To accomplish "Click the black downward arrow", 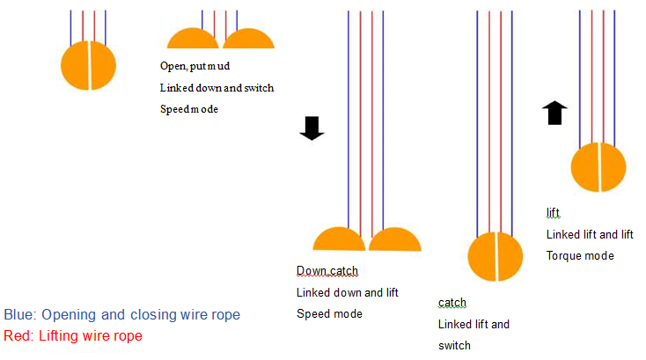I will pyautogui.click(x=312, y=129).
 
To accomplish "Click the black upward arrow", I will pyautogui.click(x=554, y=114).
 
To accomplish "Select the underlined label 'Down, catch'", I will pyautogui.click(x=327, y=270).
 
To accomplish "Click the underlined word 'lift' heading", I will pyautogui.click(x=553, y=213).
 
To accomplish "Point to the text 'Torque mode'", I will pyautogui.click(x=580, y=255).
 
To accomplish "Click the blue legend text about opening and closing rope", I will pyautogui.click(x=121, y=314).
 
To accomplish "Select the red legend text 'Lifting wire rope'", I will pyautogui.click(x=72, y=335).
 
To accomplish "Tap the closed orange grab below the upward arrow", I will pyautogui.click(x=598, y=167).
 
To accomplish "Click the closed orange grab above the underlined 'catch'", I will pyautogui.click(x=496, y=256).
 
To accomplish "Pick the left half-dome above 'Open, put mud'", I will pyautogui.click(x=193, y=40).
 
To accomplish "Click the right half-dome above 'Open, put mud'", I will pyautogui.click(x=249, y=40).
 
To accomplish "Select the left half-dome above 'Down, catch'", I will pyautogui.click(x=339, y=240).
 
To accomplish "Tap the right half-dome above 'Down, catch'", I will pyautogui.click(x=395, y=240).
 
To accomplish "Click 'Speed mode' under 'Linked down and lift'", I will pyautogui.click(x=329, y=313).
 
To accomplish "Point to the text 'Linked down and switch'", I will pyautogui.click(x=217, y=88).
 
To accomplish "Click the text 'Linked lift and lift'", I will pyautogui.click(x=590, y=234).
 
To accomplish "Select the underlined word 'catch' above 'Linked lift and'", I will pyautogui.click(x=451, y=303).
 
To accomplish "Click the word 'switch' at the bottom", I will pyautogui.click(x=455, y=345).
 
